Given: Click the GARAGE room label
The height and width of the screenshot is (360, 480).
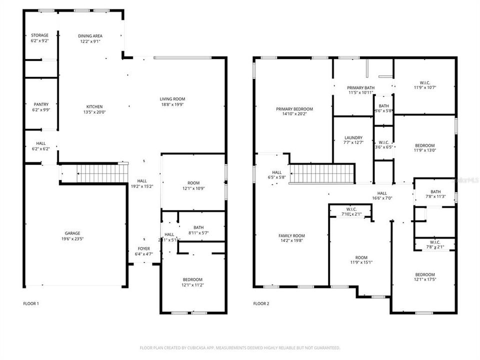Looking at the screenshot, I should pyautogui.click(x=72, y=233).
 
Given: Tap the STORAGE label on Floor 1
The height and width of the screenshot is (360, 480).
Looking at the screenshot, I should pyautogui.click(x=40, y=35).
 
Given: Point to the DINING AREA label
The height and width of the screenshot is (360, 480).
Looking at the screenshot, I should pyautogui.click(x=90, y=36).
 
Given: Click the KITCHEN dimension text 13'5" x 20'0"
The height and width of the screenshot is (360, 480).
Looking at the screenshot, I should pyautogui.click(x=95, y=112).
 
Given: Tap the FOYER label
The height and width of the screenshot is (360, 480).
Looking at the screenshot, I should pyautogui.click(x=143, y=248).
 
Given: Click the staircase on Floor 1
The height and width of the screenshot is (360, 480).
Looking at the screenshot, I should pyautogui.click(x=102, y=173).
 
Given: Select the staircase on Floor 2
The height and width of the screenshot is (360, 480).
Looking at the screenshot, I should pyautogui.click(x=322, y=174).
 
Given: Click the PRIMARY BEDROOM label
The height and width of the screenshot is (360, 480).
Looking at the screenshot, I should pyautogui.click(x=294, y=109).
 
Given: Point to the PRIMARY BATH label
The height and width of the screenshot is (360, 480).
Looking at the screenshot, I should pyautogui.click(x=360, y=88).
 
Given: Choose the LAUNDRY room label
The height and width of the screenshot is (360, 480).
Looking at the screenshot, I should pyautogui.click(x=353, y=138).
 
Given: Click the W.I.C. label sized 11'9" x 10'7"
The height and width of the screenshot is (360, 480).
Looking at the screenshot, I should pyautogui.click(x=425, y=82).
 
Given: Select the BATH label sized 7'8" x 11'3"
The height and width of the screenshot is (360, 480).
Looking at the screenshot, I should pyautogui.click(x=435, y=191).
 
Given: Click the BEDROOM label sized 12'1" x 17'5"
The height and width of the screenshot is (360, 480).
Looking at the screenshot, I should pyautogui.click(x=425, y=274).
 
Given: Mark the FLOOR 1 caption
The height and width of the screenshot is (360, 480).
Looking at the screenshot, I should pyautogui.click(x=30, y=303).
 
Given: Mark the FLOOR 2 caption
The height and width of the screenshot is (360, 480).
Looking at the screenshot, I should pyautogui.click(x=261, y=303).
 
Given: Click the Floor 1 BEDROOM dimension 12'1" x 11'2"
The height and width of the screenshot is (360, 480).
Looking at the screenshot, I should pyautogui.click(x=192, y=285).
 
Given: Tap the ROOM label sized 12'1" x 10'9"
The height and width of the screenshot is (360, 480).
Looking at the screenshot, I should pyautogui.click(x=192, y=182).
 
